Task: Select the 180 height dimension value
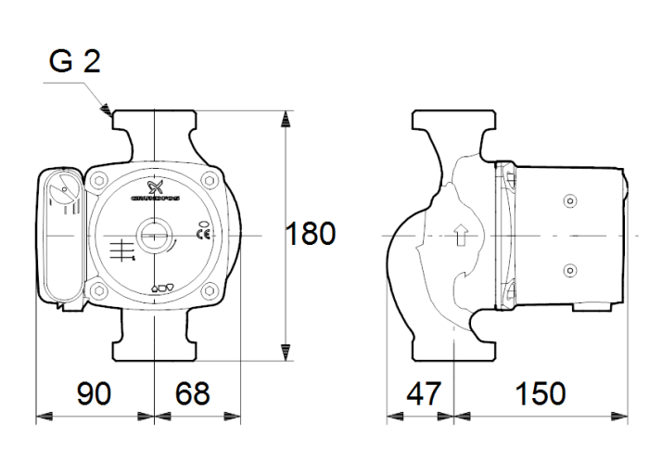pyautogui.click(x=310, y=234)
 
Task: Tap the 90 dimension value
pyautogui.click(x=94, y=393)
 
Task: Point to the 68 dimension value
pyautogui.click(x=193, y=393)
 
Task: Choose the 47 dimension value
pyautogui.click(x=425, y=393)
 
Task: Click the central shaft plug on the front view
pyautogui.click(x=153, y=237)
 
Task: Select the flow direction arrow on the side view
pyautogui.click(x=461, y=236)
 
